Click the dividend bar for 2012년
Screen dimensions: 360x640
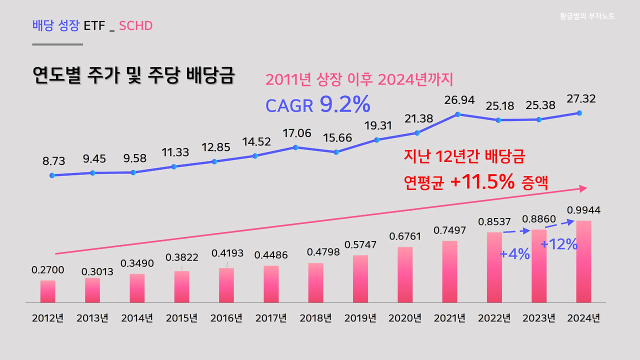48,291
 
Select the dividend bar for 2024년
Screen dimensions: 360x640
583,261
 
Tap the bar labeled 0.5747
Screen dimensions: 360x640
360,279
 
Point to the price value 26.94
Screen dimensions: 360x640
459,100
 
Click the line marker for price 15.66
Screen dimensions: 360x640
336,152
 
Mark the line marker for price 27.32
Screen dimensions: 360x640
579,113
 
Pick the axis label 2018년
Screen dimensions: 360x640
315,318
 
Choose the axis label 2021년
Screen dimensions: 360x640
449,318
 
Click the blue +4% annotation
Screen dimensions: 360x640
514,254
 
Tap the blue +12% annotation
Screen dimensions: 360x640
559,244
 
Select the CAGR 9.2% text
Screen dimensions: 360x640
317,104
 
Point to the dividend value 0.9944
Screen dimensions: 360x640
583,210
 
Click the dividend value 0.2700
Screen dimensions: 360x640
48,270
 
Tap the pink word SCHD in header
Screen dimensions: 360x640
135,25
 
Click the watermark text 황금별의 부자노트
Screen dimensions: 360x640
587,16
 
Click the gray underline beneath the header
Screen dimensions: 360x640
57,44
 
